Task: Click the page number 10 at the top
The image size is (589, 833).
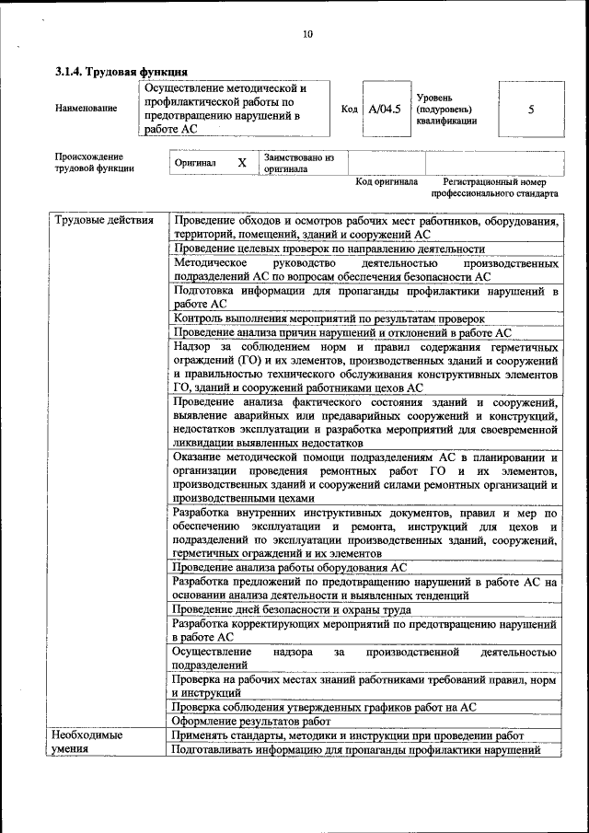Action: (x=307, y=35)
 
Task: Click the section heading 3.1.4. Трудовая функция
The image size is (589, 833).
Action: (x=121, y=71)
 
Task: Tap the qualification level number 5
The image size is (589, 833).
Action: (x=530, y=109)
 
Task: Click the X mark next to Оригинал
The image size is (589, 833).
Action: (x=242, y=163)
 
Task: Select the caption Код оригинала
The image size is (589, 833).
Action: (x=387, y=181)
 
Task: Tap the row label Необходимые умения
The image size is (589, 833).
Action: (x=87, y=742)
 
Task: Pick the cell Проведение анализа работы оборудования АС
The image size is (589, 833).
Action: (x=289, y=568)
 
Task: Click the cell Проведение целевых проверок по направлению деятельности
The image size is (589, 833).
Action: (x=329, y=249)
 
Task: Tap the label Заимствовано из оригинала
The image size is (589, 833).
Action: (x=298, y=163)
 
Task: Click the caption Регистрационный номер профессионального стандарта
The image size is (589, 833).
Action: (x=494, y=188)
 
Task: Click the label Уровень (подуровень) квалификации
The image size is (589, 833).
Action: (x=446, y=109)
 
